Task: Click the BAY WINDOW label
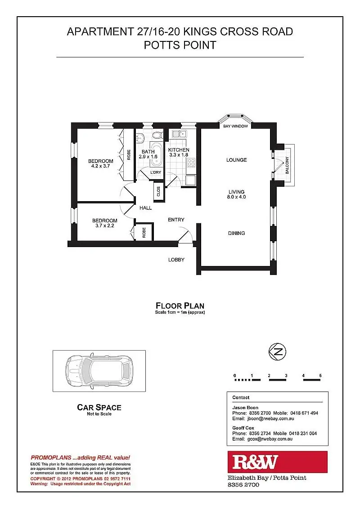(236, 126)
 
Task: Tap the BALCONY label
(287, 165)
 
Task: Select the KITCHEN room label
(179, 150)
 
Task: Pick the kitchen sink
(179, 134)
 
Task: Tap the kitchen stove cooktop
(191, 163)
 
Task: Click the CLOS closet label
(158, 191)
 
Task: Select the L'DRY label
(156, 172)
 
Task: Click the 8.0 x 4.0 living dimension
(237, 197)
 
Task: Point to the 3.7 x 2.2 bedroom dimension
(104, 226)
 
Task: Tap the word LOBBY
(176, 260)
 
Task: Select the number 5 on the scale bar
(320, 375)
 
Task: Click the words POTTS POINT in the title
(180, 45)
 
